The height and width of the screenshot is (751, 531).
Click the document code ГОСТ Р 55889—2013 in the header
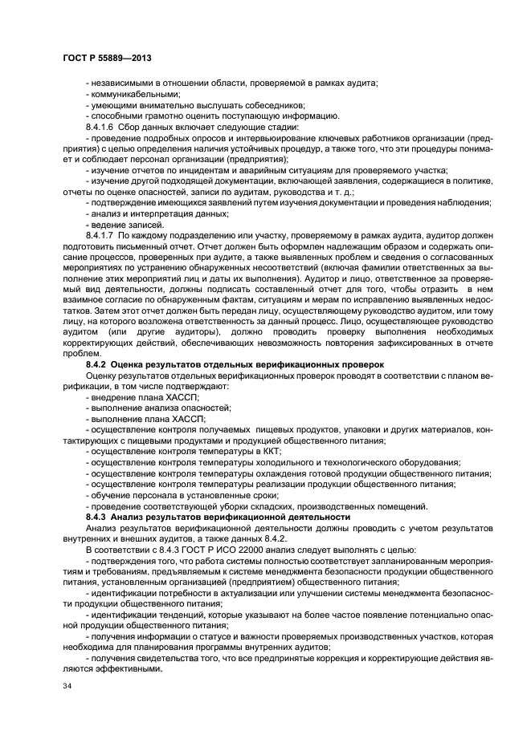(x=107, y=59)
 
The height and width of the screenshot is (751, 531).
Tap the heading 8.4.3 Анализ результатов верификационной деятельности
(x=218, y=517)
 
